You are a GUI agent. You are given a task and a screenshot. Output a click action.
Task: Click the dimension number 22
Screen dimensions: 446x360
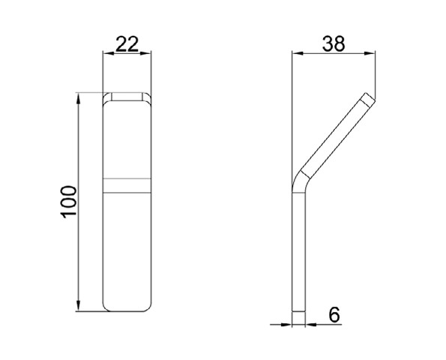point(127,44)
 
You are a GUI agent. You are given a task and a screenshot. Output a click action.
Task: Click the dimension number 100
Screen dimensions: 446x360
point(68,202)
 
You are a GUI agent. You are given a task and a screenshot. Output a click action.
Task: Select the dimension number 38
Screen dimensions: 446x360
point(334,44)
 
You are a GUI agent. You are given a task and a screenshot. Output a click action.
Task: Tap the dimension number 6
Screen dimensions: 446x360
point(334,315)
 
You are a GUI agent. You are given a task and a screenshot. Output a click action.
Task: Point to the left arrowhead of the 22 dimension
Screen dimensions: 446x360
point(109,53)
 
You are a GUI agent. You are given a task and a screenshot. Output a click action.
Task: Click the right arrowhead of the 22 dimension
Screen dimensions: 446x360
point(145,53)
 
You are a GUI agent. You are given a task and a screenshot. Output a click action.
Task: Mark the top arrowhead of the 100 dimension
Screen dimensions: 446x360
point(78,98)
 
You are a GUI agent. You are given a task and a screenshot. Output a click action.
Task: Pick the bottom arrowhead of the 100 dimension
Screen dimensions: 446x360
point(78,306)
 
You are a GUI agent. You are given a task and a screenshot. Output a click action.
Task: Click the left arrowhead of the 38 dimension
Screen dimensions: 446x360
point(298,53)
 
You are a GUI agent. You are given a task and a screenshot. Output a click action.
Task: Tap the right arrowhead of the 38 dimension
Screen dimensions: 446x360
point(370,53)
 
